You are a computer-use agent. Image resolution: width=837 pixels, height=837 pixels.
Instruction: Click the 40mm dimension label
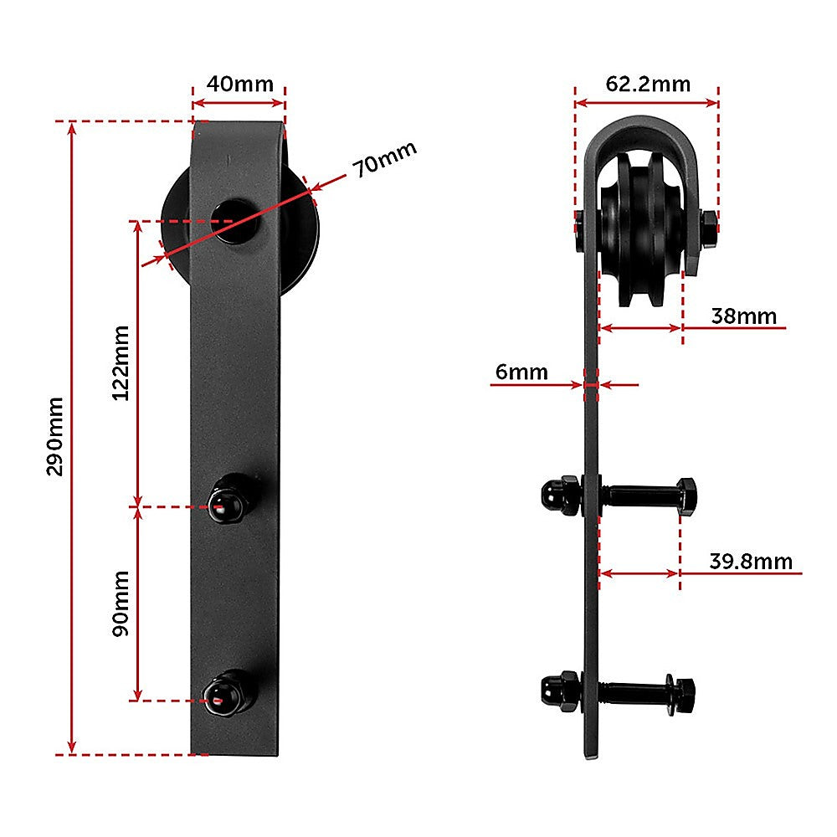tap(239, 85)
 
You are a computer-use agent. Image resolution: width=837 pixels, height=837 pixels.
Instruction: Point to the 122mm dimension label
tap(121, 362)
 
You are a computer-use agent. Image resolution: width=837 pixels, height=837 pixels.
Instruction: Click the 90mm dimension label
tap(121, 603)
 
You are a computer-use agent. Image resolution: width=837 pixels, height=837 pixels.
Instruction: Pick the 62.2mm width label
tap(648, 84)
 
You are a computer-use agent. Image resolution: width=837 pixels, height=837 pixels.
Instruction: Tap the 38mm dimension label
tap(743, 316)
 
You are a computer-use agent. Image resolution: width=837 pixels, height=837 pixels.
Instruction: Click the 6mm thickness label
tap(521, 371)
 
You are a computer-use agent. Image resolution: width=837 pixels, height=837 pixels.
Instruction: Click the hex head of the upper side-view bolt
tap(686, 496)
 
